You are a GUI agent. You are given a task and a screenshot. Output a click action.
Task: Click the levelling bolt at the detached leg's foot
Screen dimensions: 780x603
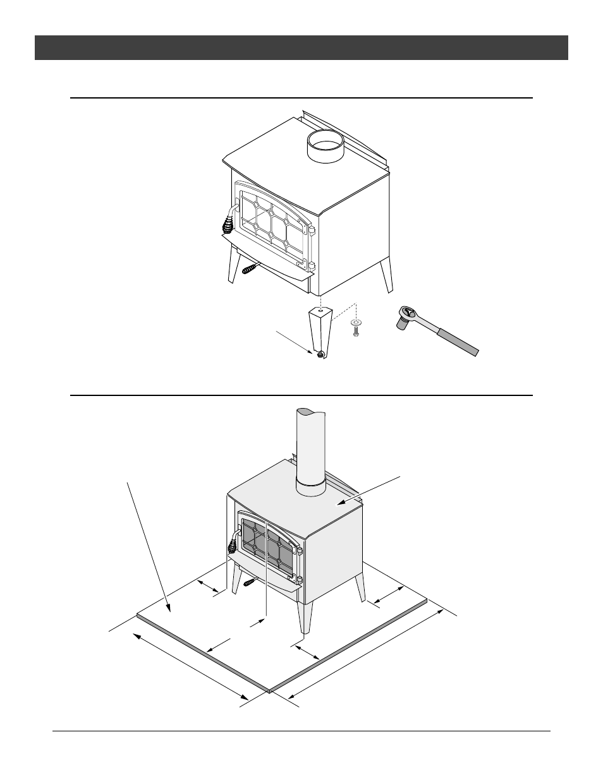(320, 354)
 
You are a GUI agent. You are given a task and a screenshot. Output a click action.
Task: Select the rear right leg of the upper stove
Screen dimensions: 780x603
(386, 274)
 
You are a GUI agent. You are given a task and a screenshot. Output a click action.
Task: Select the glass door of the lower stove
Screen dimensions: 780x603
(266, 547)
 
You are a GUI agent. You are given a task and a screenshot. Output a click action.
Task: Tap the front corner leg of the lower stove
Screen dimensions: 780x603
(306, 616)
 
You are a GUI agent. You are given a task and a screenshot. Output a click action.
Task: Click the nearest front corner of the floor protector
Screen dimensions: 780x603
(270, 691)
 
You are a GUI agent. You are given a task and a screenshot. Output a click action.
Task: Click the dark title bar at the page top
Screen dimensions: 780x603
(301, 47)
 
